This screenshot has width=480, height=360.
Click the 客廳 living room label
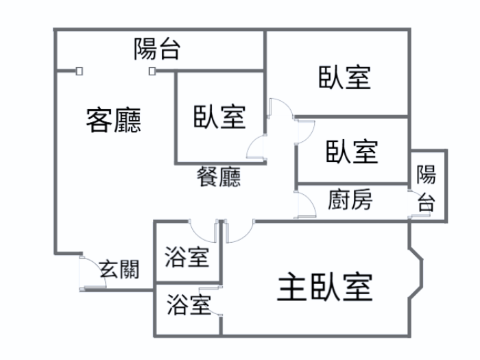tap(114, 121)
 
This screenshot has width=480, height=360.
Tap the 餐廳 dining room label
tap(219, 178)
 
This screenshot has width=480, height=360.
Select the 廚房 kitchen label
tap(350, 200)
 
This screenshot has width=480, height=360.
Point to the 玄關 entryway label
tap(119, 269)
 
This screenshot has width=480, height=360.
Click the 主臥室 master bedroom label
tap(325, 287)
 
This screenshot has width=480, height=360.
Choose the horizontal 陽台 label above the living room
tap(157, 49)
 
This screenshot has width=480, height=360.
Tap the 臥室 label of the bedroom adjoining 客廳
tap(219, 116)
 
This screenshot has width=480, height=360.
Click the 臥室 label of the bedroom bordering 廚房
tap(352, 150)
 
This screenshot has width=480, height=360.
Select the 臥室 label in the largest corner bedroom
tap(344, 77)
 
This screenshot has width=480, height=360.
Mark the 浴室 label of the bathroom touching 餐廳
tap(187, 258)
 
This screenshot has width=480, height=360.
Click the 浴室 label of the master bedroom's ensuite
tap(188, 304)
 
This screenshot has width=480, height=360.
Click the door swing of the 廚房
tap(304, 205)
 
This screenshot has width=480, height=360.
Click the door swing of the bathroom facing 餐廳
tap(203, 230)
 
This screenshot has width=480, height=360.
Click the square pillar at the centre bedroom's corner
tap(152, 71)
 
